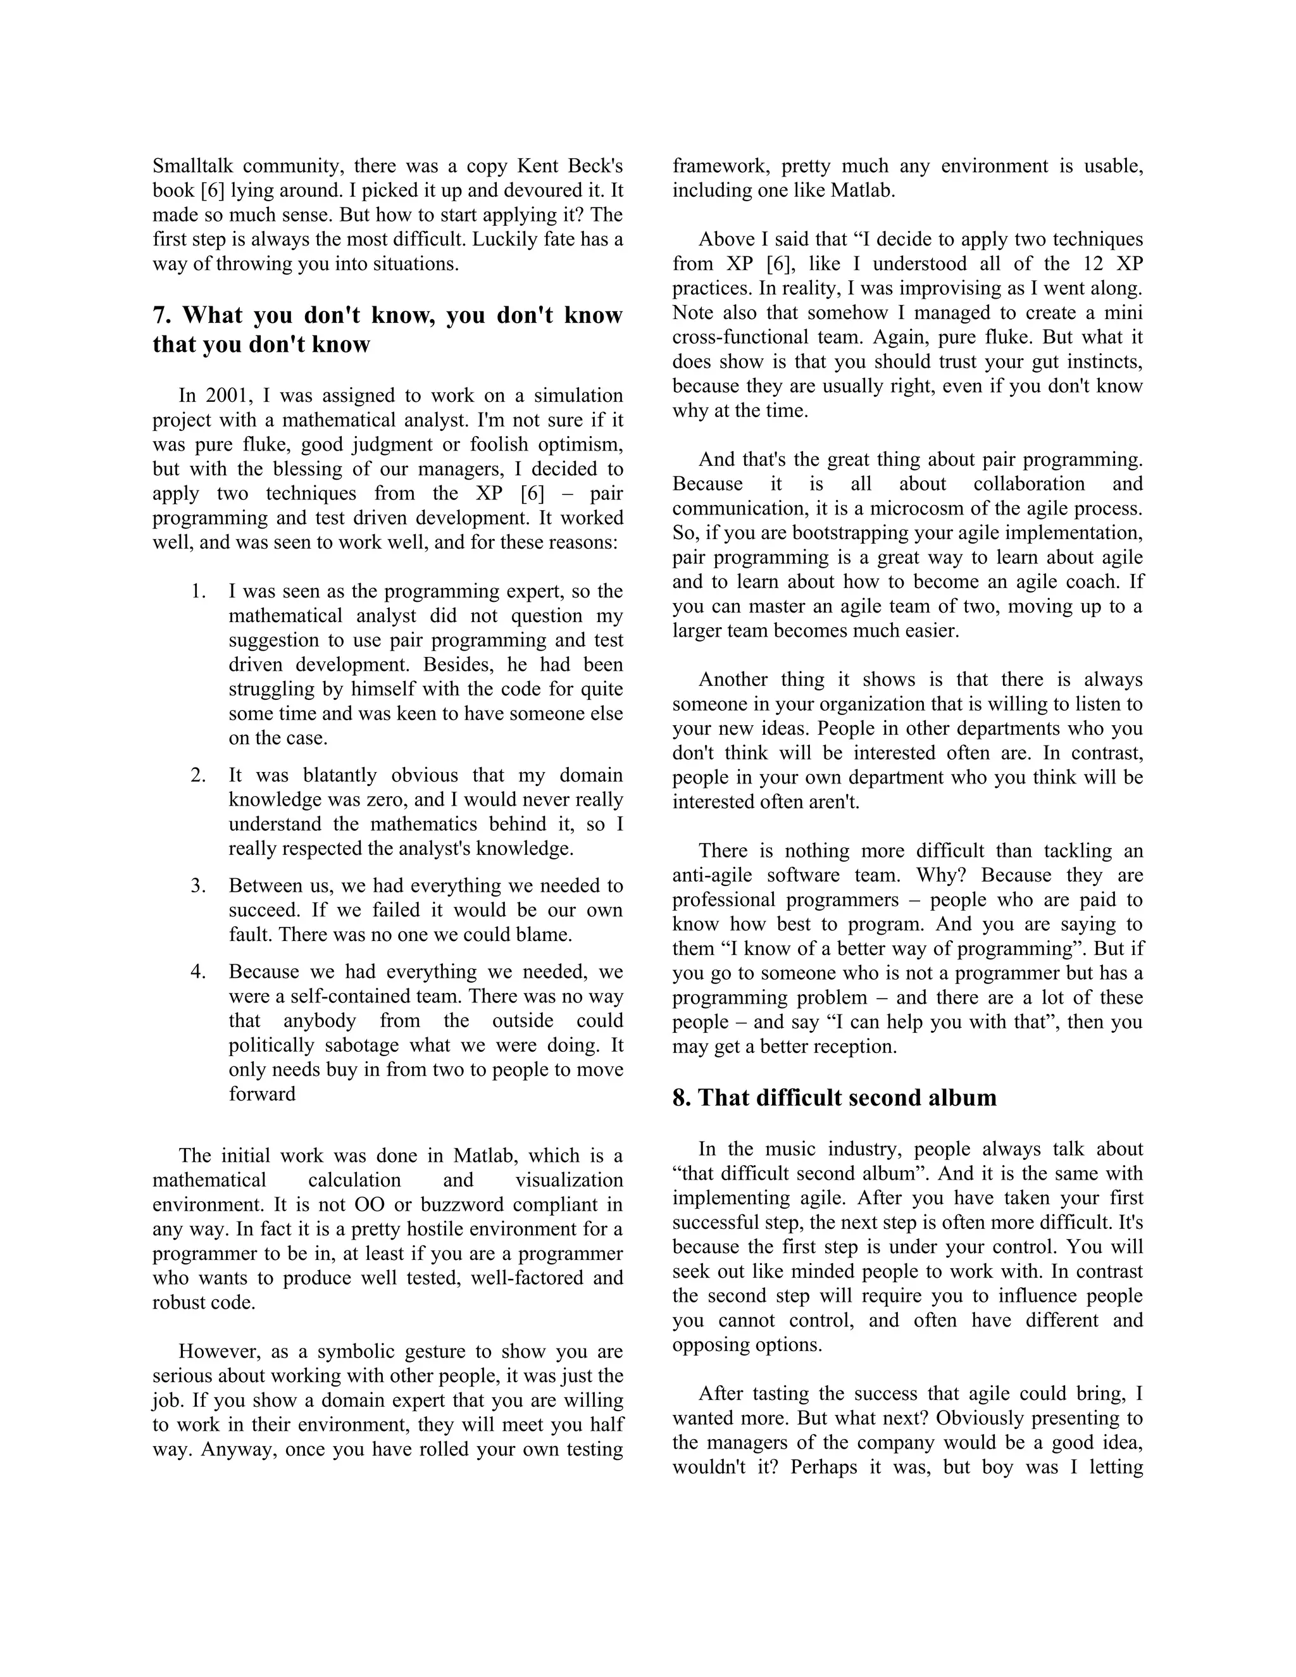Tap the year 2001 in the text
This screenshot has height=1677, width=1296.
coord(227,396)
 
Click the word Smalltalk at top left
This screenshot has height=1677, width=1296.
coord(198,166)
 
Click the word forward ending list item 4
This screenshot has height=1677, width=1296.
coord(262,1094)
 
